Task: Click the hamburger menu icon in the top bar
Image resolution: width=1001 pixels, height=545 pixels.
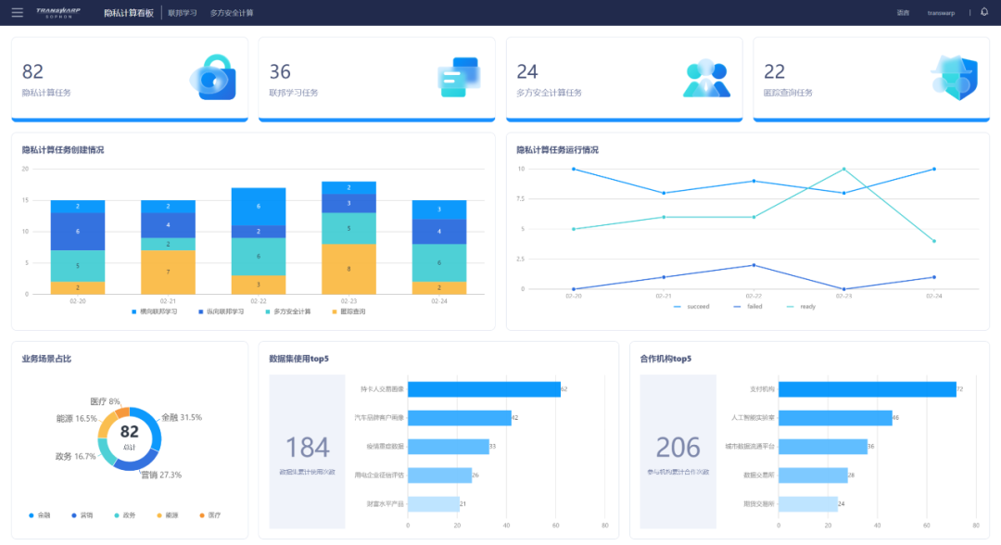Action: [x=18, y=12]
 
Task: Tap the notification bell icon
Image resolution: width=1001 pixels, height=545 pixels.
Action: [x=984, y=12]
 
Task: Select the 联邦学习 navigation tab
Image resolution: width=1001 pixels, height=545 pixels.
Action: [x=183, y=13]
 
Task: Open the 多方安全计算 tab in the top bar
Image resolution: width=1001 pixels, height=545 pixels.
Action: [x=232, y=13]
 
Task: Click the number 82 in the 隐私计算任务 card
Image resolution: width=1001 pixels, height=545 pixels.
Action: [x=32, y=71]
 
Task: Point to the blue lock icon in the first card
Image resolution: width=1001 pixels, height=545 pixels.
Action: [x=214, y=77]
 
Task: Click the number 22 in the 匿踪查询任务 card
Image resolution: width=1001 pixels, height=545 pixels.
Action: [x=774, y=71]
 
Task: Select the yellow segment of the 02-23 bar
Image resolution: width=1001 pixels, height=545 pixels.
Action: [x=348, y=269]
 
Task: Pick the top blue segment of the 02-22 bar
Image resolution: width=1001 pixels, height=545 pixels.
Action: [x=258, y=206]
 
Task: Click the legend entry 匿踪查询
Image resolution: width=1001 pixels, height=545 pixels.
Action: [x=348, y=311]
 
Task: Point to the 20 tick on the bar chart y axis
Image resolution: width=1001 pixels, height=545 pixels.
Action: [x=26, y=169]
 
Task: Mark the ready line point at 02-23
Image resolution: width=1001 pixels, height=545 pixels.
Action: [x=843, y=169]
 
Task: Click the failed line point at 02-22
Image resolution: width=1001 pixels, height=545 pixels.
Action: [x=754, y=265]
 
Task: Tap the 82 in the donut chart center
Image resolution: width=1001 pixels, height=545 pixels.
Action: [x=130, y=431]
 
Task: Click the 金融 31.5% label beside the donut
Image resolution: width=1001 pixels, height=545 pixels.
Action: [x=181, y=417]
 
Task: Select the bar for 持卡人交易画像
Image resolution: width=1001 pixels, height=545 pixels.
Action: [x=484, y=389]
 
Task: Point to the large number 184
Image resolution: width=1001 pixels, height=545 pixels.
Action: [x=308, y=448]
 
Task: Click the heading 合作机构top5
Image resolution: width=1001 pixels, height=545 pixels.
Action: [x=665, y=359]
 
